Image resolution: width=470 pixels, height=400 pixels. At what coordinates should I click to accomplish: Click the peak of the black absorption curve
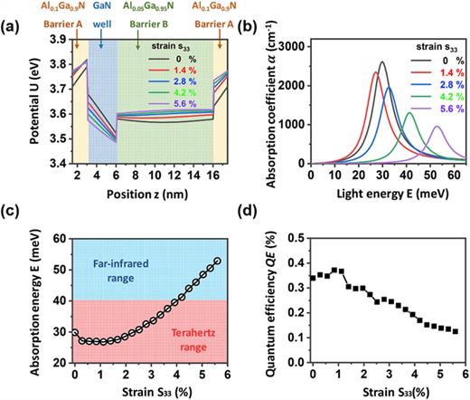click(381, 62)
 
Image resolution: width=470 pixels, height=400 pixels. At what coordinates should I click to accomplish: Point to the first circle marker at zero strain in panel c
click(74, 332)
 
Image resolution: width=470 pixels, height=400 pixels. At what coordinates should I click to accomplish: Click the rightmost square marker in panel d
click(456, 331)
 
